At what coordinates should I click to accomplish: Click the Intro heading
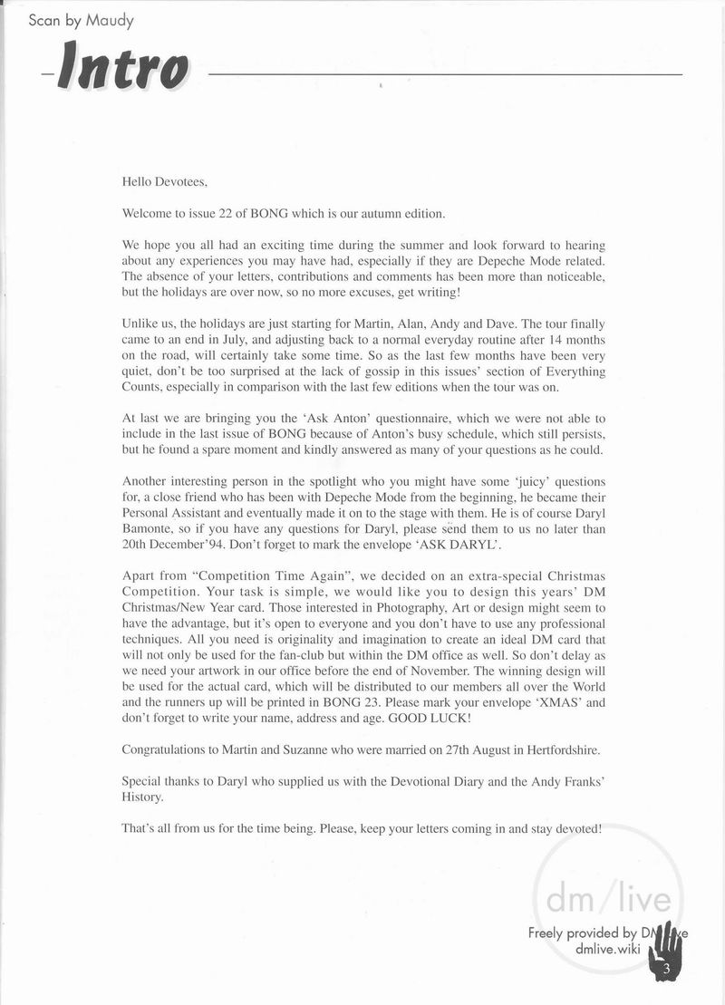pyautogui.click(x=122, y=69)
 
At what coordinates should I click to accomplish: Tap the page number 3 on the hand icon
pyautogui.click(x=665, y=971)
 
